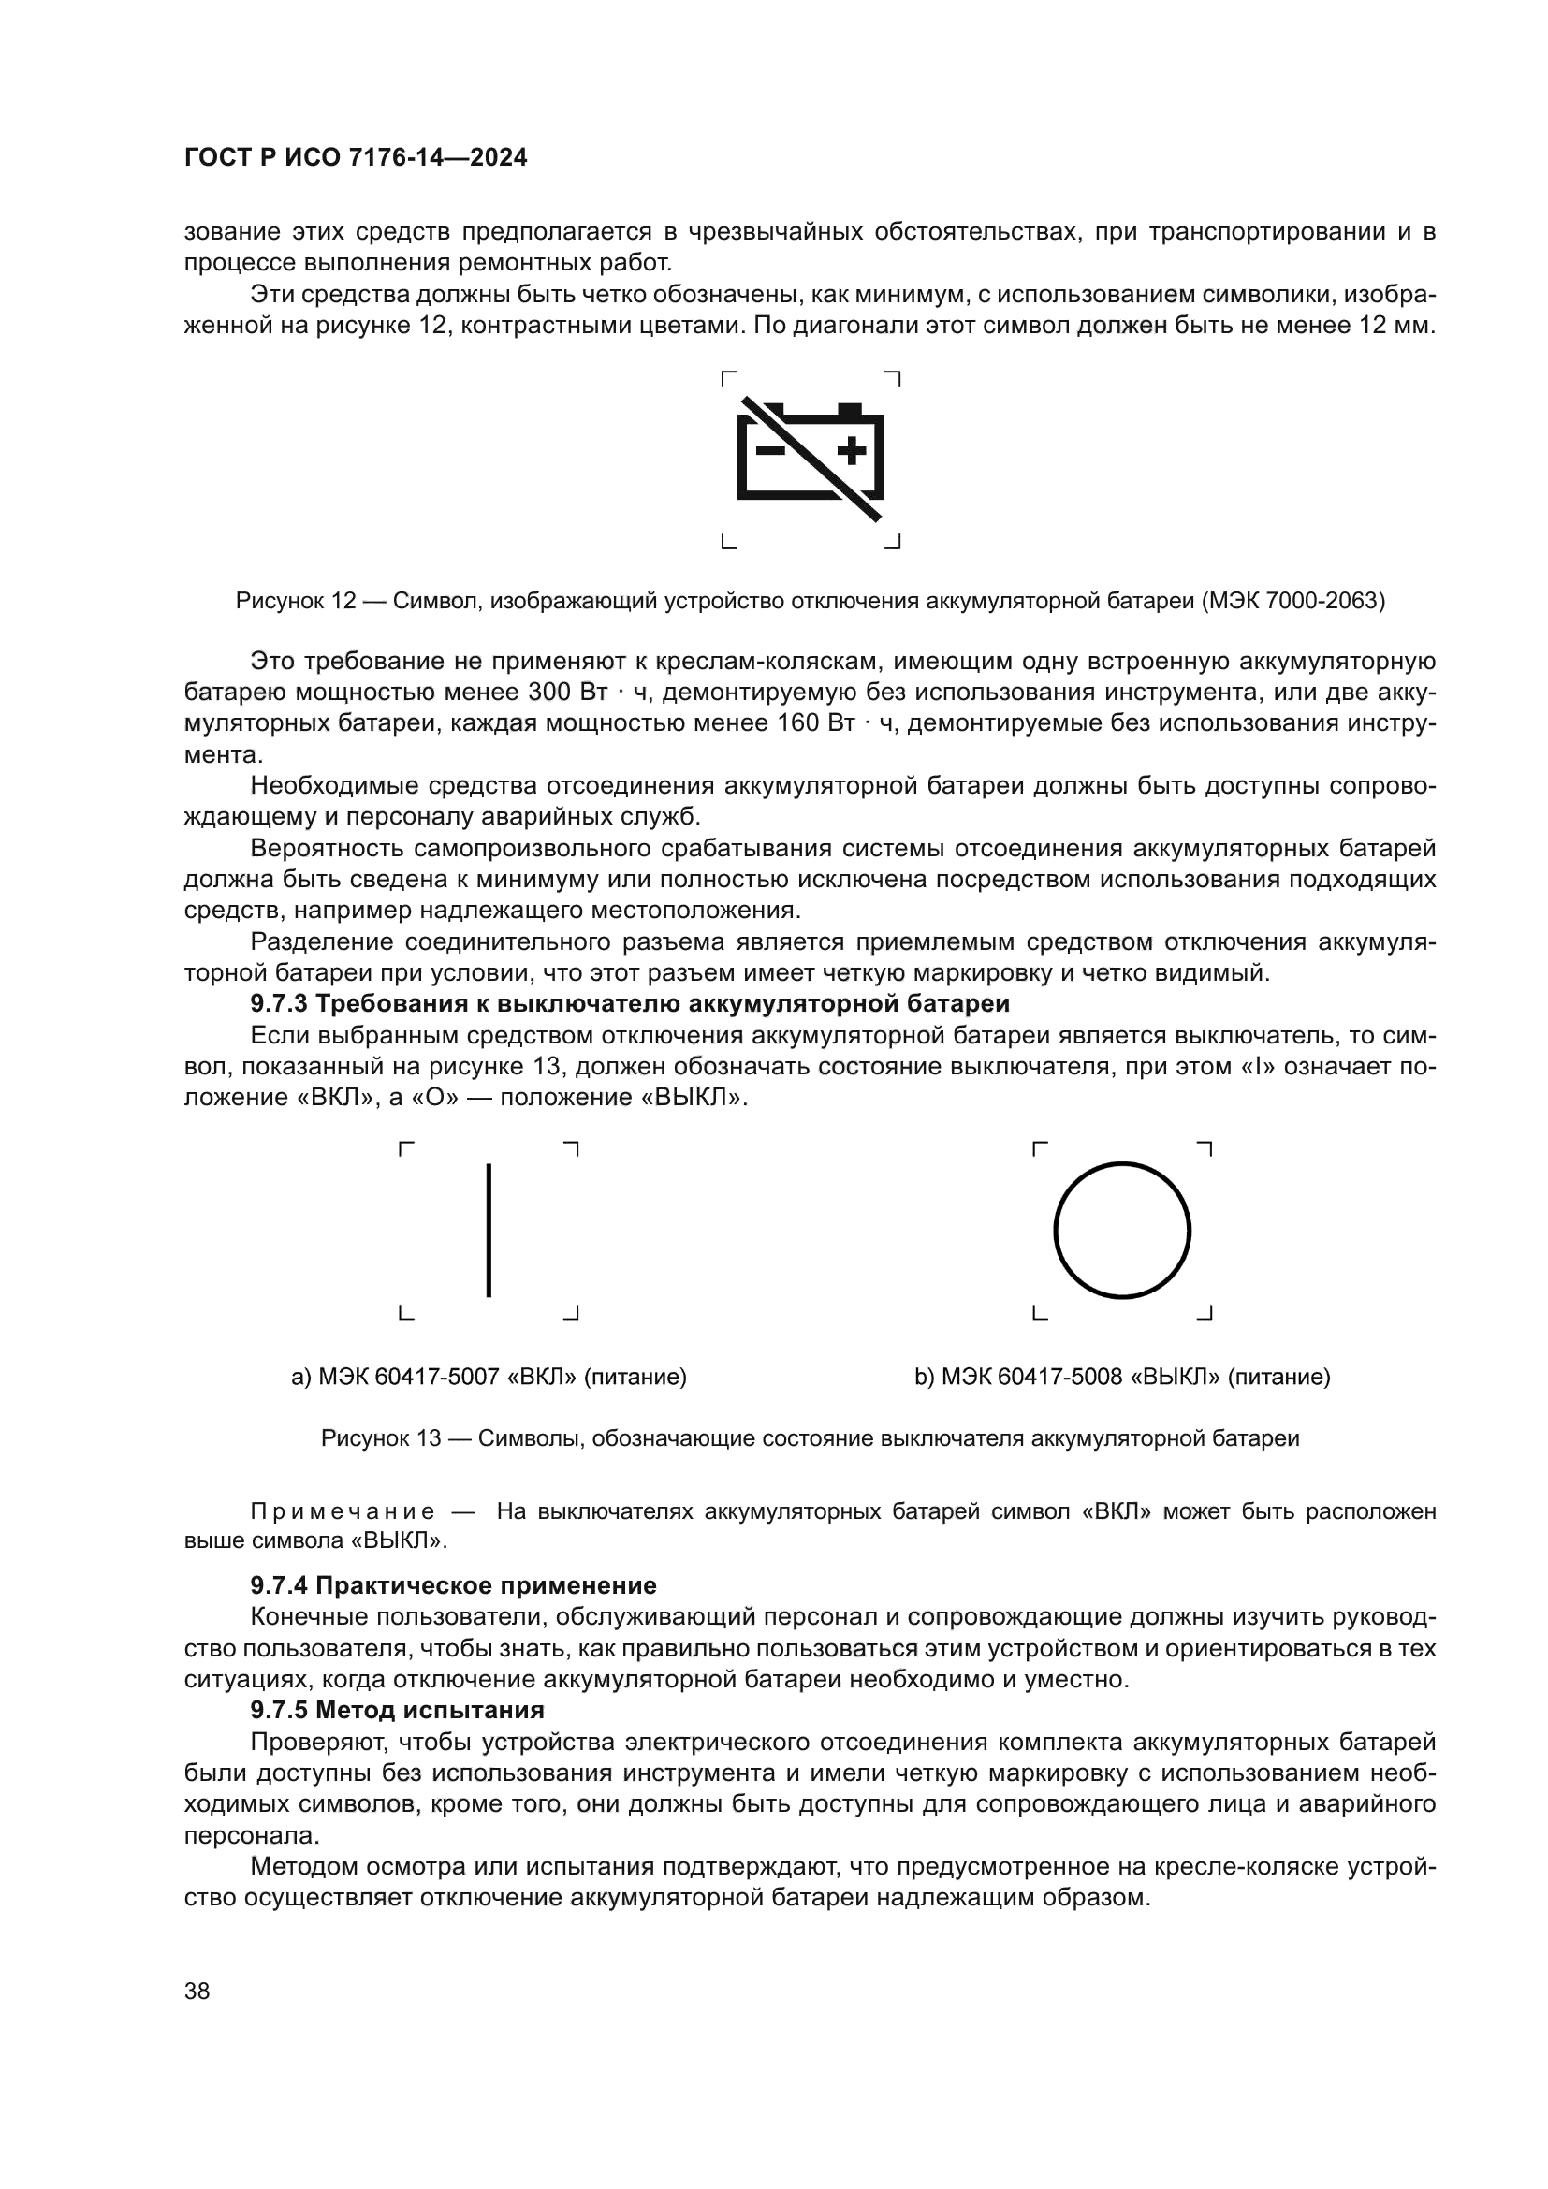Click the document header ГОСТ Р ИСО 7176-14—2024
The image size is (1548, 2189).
[356, 158]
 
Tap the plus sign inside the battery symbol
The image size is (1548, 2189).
[851, 450]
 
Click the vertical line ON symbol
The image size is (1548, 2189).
[489, 1230]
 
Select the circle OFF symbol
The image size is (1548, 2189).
[1122, 1230]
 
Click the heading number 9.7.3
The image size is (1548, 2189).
[279, 1003]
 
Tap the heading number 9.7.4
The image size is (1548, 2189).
[279, 1585]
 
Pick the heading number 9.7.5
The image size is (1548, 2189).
[279, 1710]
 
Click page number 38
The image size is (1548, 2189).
[197, 1991]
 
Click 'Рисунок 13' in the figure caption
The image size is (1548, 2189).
[380, 1437]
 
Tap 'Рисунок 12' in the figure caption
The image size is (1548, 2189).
[295, 601]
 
